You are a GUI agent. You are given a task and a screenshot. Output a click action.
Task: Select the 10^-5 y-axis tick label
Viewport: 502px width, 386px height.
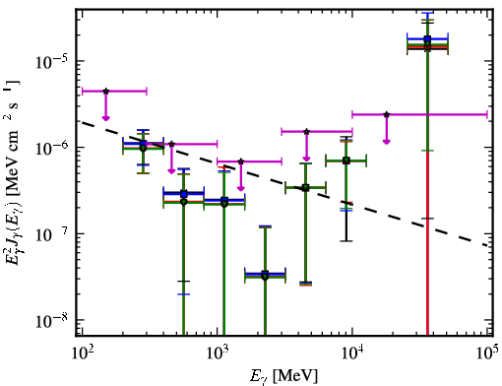[x=51, y=61]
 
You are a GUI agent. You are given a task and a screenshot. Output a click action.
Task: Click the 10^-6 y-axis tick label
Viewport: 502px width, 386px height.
[x=51, y=148]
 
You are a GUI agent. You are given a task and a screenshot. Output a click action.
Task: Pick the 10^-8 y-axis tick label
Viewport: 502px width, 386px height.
[x=51, y=320]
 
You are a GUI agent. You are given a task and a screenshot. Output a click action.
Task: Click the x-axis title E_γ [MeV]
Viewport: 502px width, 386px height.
[x=283, y=376]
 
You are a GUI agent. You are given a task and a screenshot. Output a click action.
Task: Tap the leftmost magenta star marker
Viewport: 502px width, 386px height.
[x=105, y=92]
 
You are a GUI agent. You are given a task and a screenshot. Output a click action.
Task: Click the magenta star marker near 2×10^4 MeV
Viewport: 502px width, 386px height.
[x=387, y=114]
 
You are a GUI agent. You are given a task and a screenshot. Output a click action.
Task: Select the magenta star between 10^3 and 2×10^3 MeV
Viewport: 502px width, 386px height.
[x=241, y=161]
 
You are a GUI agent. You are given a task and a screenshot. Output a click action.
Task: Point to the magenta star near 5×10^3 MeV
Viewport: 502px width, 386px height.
[x=306, y=132]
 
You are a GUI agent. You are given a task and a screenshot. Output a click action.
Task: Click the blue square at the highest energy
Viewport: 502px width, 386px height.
[x=427, y=39]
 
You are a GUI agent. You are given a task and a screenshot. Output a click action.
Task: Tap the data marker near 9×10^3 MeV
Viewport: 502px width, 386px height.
[x=345, y=161]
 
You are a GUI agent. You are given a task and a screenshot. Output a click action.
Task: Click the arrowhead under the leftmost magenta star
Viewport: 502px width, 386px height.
[x=105, y=118]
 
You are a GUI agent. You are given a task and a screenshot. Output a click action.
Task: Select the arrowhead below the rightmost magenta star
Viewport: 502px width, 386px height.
[x=387, y=142]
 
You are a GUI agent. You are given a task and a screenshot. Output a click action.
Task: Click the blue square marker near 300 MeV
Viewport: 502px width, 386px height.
[x=143, y=144]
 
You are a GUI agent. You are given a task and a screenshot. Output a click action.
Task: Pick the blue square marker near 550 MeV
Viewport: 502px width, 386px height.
[x=184, y=194]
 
